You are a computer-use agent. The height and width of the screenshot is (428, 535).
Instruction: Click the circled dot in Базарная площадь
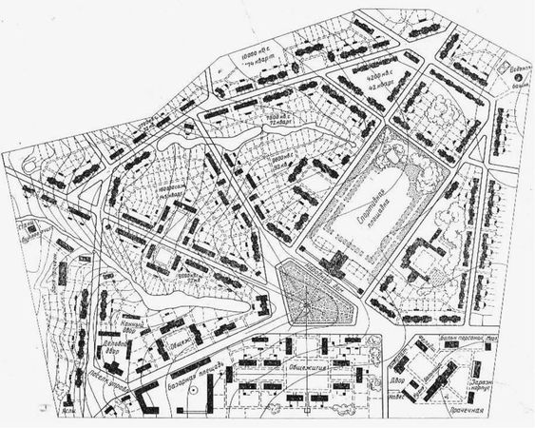pyautogui.click(x=193, y=389)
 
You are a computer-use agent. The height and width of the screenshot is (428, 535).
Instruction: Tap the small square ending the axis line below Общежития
pyautogui.click(x=306, y=413)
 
